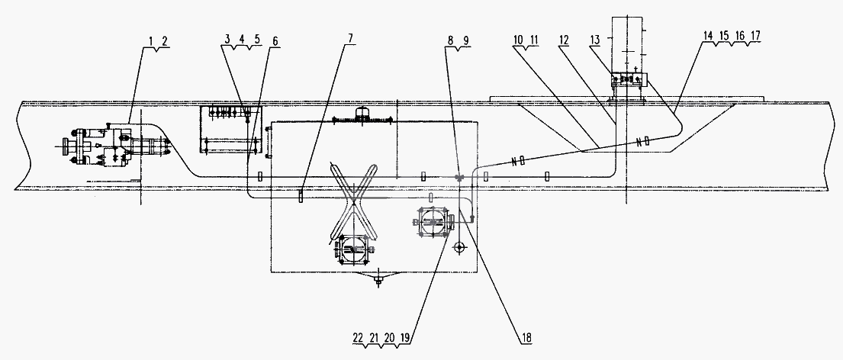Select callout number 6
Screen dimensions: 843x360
[275, 41]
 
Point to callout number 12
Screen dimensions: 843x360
[564, 41]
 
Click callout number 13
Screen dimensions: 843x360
[595, 41]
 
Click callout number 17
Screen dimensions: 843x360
[755, 36]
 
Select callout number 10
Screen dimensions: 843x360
[518, 41]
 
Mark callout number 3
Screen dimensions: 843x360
[228, 41]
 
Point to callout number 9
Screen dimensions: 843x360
[465, 41]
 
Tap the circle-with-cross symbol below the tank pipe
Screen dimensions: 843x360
[459, 248]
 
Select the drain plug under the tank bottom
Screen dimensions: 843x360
[379, 278]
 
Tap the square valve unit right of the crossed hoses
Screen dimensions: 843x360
[433, 221]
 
